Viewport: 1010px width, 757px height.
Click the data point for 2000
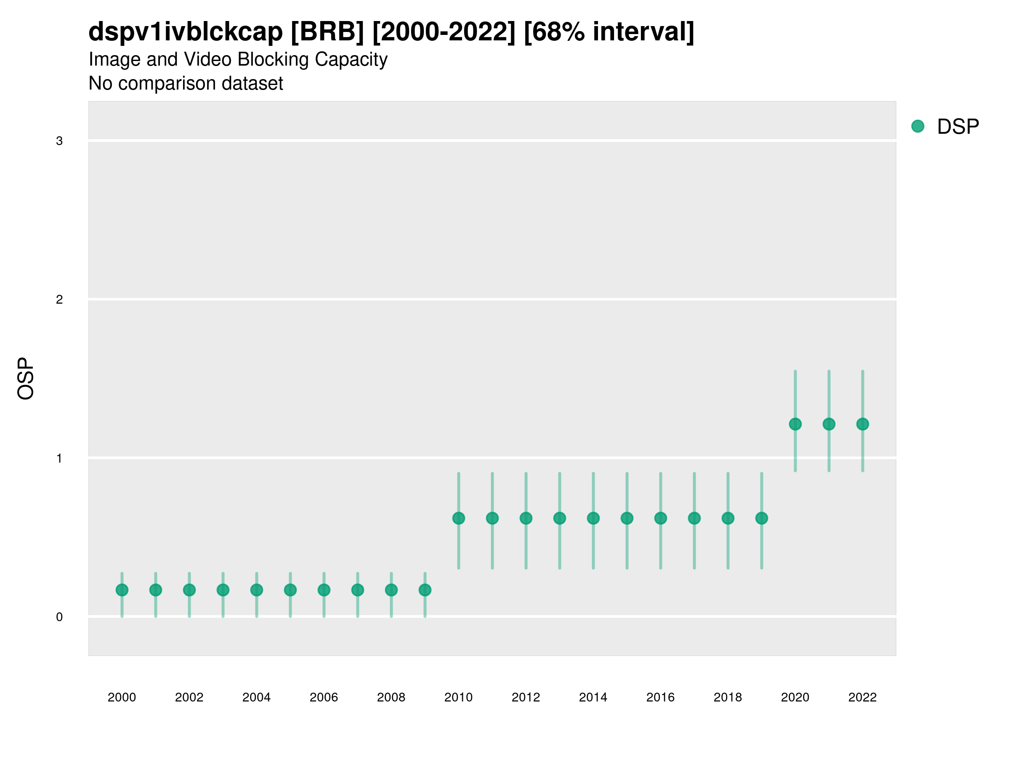point(122,590)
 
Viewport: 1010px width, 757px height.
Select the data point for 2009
point(425,590)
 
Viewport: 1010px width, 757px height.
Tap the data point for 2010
point(458,519)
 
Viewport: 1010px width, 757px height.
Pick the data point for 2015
point(627,519)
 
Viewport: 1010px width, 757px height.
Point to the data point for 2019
point(762,519)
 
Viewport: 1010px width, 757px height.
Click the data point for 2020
point(795,424)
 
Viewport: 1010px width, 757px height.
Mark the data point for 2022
point(863,424)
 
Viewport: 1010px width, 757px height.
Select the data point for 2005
point(290,590)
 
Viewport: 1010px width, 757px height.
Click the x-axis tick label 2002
point(189,697)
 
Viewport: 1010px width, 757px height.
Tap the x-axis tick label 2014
point(593,697)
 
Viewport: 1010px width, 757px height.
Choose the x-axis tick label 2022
point(863,697)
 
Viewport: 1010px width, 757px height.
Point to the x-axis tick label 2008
point(391,697)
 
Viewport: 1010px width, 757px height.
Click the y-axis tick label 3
point(59,141)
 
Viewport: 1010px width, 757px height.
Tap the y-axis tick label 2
point(59,300)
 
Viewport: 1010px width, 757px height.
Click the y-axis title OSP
point(26,379)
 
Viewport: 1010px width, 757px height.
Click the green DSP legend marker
point(918,127)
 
